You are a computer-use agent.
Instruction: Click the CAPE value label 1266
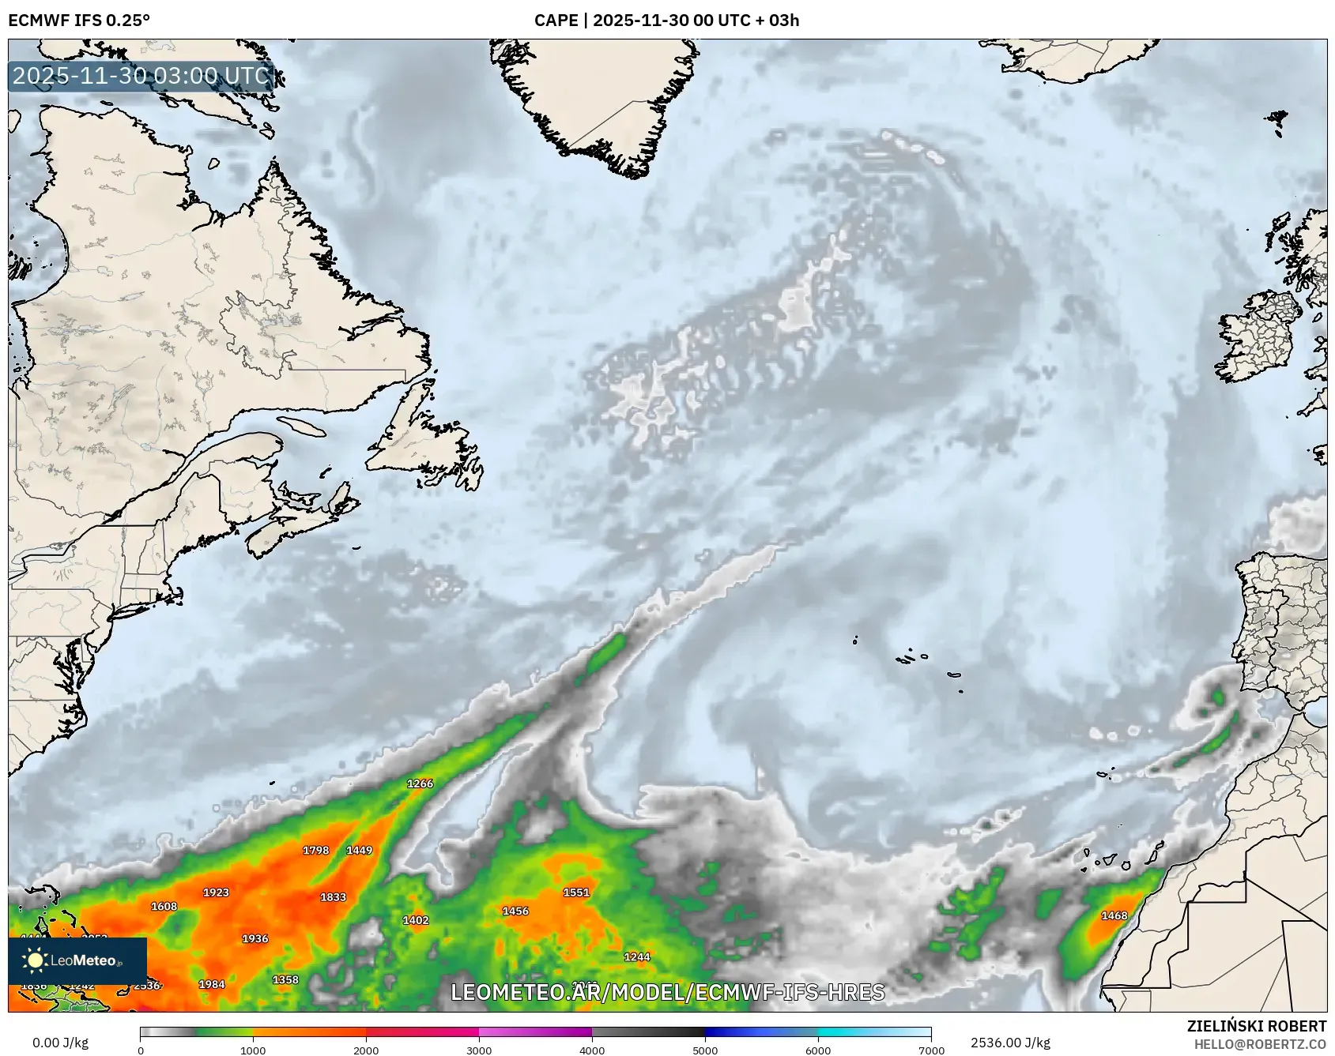(x=420, y=784)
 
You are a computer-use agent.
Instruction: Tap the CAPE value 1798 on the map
(x=315, y=851)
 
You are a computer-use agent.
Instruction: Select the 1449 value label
(x=359, y=851)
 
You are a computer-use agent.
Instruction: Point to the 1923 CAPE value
(x=216, y=893)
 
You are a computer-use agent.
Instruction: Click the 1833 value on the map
(x=333, y=897)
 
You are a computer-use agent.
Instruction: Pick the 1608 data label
(x=164, y=907)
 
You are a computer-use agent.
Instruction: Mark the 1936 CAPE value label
(x=255, y=939)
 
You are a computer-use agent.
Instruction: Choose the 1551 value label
(x=576, y=893)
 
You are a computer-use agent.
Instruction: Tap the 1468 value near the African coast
(x=1114, y=916)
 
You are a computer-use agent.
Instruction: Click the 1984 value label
(x=211, y=984)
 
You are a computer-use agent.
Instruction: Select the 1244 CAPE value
(x=636, y=957)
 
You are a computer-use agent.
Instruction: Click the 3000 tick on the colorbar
(x=479, y=1050)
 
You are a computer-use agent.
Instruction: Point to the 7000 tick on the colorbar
(x=931, y=1050)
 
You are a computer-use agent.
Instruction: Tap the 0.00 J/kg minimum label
(x=60, y=1043)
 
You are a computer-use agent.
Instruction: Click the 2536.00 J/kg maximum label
(x=1010, y=1043)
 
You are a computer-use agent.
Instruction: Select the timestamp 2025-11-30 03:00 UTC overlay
(x=141, y=76)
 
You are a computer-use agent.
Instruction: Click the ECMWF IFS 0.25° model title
(x=79, y=21)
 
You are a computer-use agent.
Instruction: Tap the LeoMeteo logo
(x=77, y=960)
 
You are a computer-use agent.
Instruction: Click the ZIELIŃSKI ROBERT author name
(x=1256, y=1026)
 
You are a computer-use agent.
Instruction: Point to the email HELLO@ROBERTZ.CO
(x=1259, y=1044)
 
